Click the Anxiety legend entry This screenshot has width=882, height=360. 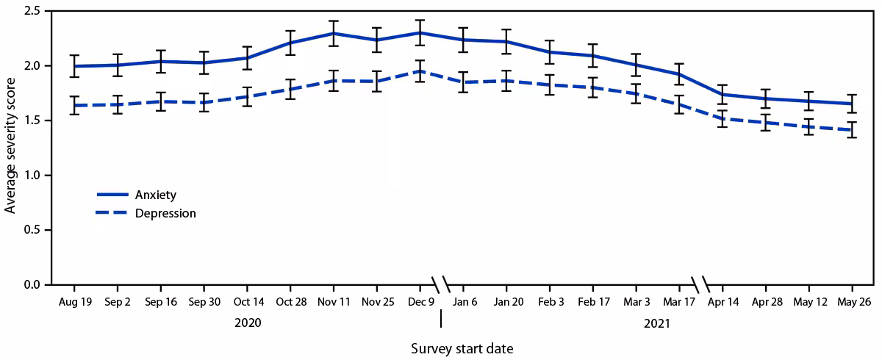[154, 195]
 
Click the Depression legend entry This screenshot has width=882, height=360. [163, 214]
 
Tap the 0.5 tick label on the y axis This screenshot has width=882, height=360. [32, 230]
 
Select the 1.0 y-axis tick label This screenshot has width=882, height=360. [32, 175]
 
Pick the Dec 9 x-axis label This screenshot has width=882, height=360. [420, 301]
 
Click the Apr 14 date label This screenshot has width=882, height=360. [723, 301]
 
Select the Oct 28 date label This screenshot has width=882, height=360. [290, 301]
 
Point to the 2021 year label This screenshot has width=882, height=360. [658, 322]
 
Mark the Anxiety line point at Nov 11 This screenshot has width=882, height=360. [333, 33]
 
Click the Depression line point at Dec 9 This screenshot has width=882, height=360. [420, 71]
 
